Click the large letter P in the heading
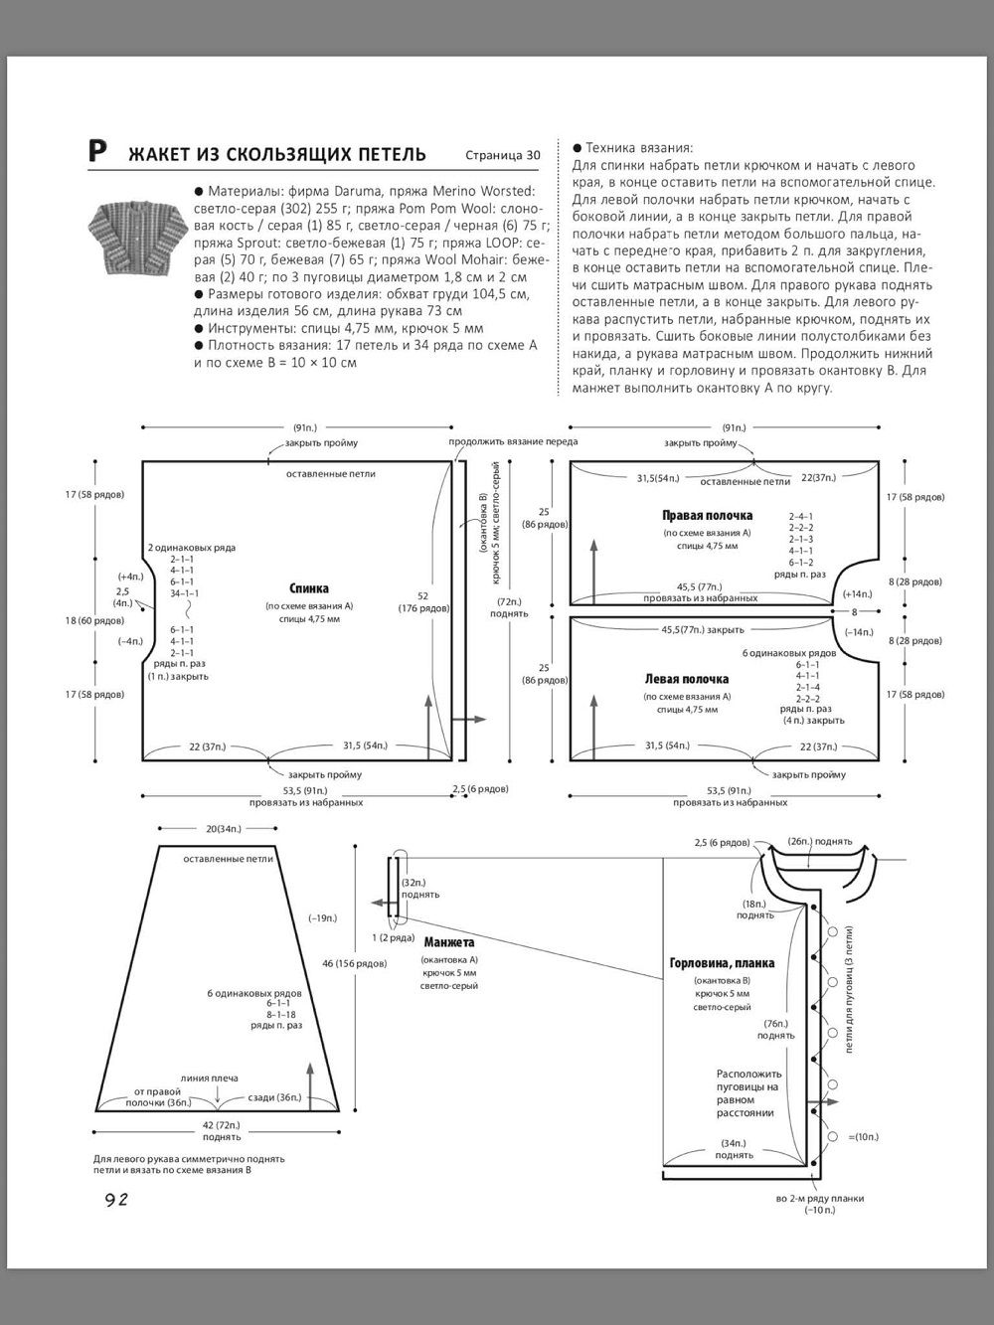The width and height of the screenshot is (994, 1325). coord(96,151)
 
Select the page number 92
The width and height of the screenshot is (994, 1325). coord(116,1200)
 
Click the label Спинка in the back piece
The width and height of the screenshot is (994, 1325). coord(308,588)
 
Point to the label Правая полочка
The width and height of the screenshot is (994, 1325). coord(707,516)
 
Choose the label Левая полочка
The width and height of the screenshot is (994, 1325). coord(686,680)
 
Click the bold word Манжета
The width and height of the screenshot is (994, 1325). coord(448,942)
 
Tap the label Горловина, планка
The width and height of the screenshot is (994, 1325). coord(722,963)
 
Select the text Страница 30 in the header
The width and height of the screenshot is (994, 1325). coord(502,155)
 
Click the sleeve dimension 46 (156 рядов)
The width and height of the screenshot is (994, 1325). coord(355,963)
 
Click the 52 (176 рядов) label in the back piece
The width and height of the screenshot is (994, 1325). coord(423,602)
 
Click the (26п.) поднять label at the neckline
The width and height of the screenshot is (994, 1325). coord(821,841)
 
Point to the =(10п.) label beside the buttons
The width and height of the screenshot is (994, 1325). coord(863,1136)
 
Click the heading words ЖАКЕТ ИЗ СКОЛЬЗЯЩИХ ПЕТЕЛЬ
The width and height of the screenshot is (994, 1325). coord(277,154)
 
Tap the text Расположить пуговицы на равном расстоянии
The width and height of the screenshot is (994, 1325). coord(749,1093)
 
